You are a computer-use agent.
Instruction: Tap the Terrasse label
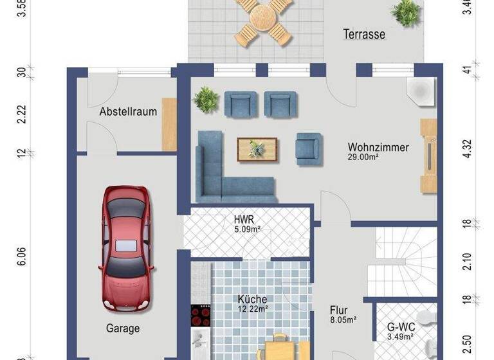pyautogui.click(x=363, y=34)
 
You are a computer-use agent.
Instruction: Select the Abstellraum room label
pyautogui.click(x=128, y=112)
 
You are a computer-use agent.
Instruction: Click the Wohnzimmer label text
pyautogui.click(x=378, y=147)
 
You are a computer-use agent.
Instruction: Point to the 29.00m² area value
pyautogui.click(x=364, y=157)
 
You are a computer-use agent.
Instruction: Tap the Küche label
pyautogui.click(x=252, y=299)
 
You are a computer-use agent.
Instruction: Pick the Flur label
pyautogui.click(x=339, y=309)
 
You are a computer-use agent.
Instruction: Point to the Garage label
pyautogui.click(x=123, y=328)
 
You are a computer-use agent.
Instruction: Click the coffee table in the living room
pyautogui.click(x=257, y=149)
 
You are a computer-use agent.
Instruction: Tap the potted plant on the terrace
pyautogui.click(x=407, y=12)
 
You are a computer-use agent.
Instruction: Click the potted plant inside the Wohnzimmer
pyautogui.click(x=206, y=100)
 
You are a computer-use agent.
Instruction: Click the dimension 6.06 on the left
pyautogui.click(x=22, y=256)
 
